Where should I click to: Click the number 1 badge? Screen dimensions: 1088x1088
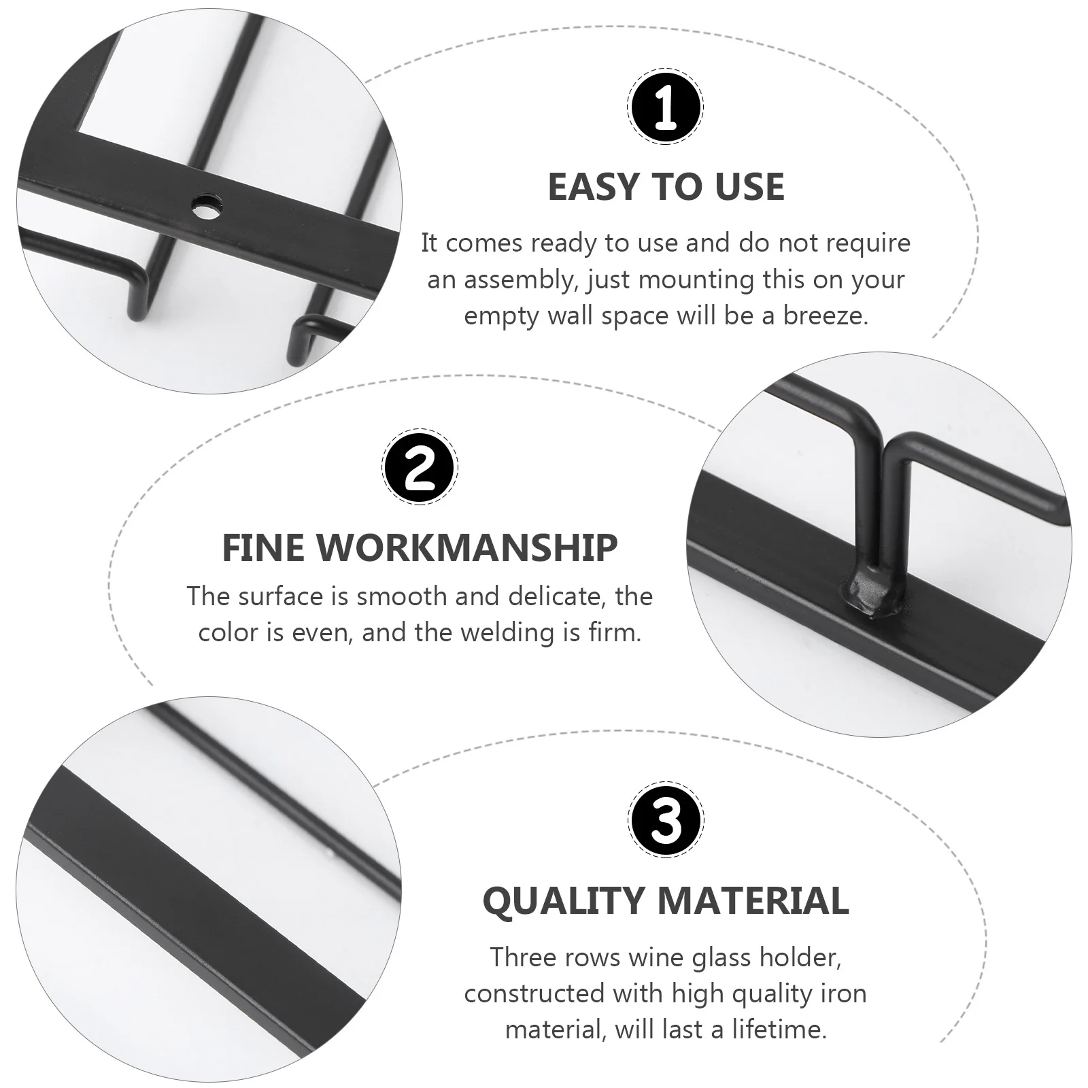(x=665, y=106)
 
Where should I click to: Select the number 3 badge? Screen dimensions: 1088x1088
(x=666, y=819)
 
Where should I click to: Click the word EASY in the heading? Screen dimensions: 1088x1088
(x=594, y=187)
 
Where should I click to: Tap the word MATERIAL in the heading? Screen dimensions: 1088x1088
(x=753, y=901)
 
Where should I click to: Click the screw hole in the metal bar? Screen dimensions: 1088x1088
(x=206, y=205)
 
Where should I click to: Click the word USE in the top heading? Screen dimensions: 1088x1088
(x=750, y=187)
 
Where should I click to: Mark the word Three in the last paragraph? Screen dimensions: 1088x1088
(x=523, y=957)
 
